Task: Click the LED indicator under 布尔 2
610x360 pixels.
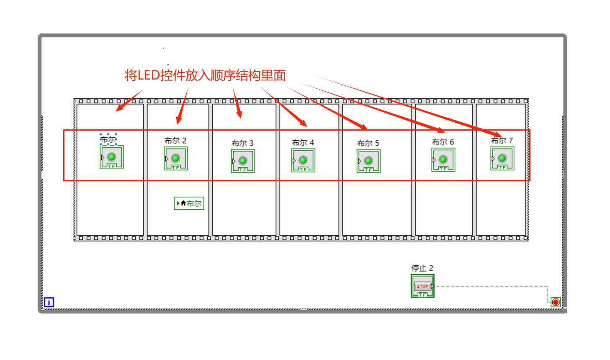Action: (176, 158)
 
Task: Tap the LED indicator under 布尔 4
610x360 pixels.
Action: (303, 160)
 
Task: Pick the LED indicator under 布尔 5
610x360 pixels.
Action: (368, 161)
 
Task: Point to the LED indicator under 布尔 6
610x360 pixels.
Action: (443, 159)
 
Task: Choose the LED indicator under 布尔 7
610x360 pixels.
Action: (502, 158)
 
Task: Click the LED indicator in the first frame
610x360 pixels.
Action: (111, 157)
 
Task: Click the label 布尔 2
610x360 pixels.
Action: (175, 141)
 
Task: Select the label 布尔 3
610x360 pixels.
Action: (242, 143)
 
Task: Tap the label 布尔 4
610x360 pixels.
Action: (303, 143)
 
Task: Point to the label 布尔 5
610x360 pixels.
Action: (368, 143)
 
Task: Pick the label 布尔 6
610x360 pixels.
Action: (443, 142)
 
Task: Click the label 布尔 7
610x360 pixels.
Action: (502, 141)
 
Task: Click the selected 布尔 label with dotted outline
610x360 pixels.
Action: (108, 139)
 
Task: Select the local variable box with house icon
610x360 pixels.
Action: (189, 203)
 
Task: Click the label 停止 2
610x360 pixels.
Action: (422, 268)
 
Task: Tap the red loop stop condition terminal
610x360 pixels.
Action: (556, 302)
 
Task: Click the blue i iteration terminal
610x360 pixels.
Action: (49, 302)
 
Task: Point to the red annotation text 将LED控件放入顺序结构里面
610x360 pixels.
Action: (205, 75)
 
